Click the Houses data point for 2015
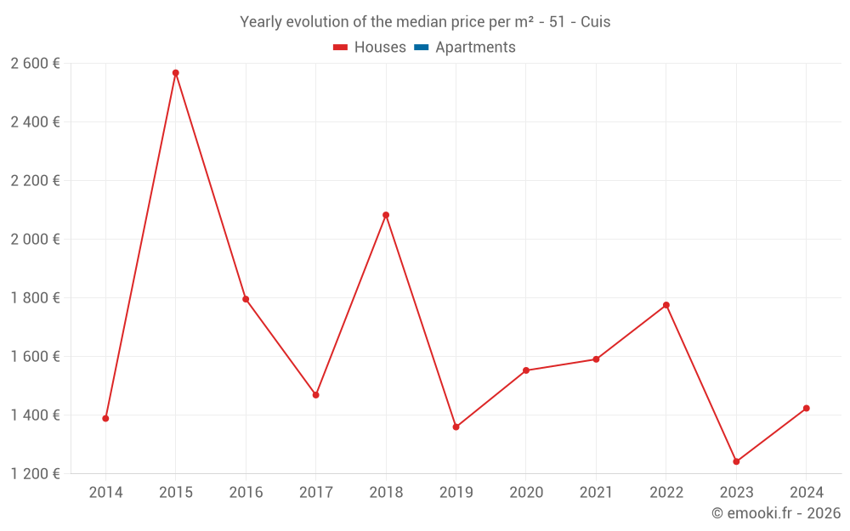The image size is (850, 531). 176,73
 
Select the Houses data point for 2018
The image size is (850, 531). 386,215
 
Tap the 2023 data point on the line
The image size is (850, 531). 736,461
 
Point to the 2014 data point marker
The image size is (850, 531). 105,418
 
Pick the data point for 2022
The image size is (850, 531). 666,305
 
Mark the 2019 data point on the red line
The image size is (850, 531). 456,426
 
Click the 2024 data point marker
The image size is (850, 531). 807,409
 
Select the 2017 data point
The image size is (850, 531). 315,395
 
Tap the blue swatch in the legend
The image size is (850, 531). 421,48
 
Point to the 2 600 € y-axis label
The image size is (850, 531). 35,63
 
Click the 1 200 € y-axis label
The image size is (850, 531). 35,473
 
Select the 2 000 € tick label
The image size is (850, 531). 35,239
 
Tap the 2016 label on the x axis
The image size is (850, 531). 246,493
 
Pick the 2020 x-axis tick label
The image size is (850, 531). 526,493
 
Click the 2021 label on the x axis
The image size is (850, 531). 596,493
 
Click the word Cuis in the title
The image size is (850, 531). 595,22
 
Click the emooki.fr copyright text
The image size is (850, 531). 776,513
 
